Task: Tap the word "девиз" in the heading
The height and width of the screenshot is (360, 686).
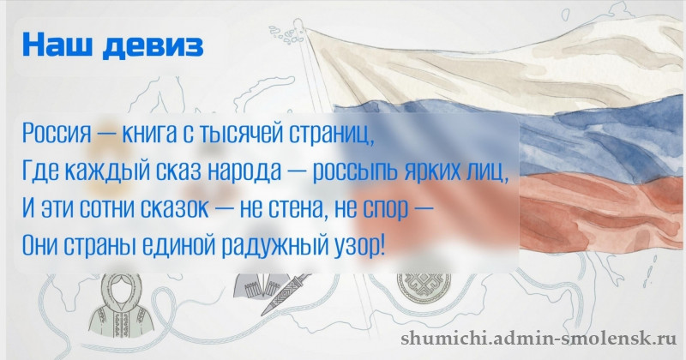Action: click(x=153, y=46)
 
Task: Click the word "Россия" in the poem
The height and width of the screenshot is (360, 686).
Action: click(x=57, y=133)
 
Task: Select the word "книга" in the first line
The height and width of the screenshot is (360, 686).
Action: click(x=148, y=133)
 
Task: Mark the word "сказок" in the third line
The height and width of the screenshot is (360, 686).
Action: click(x=174, y=208)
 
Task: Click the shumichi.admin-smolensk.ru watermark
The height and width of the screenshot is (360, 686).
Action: click(x=539, y=337)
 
